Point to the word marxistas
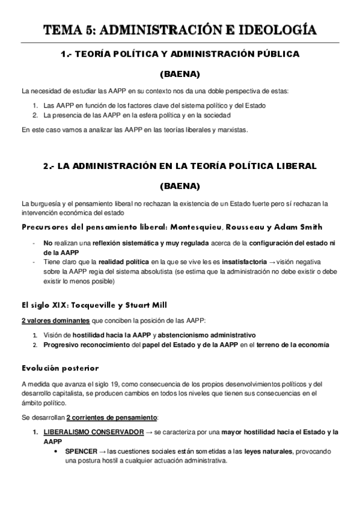pos(231,129)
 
